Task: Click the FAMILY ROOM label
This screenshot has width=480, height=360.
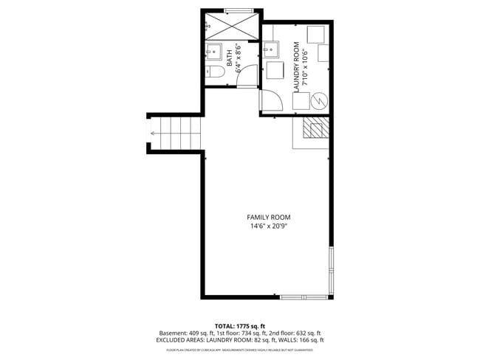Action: pos(269,217)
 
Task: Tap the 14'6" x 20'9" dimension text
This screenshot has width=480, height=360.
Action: pos(269,226)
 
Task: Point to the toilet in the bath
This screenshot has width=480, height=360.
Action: pos(215,72)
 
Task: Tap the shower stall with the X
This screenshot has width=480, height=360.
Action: pos(230,26)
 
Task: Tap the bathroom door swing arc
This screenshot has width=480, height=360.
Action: pos(247,75)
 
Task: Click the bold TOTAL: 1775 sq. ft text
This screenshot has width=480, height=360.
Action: pos(239,325)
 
